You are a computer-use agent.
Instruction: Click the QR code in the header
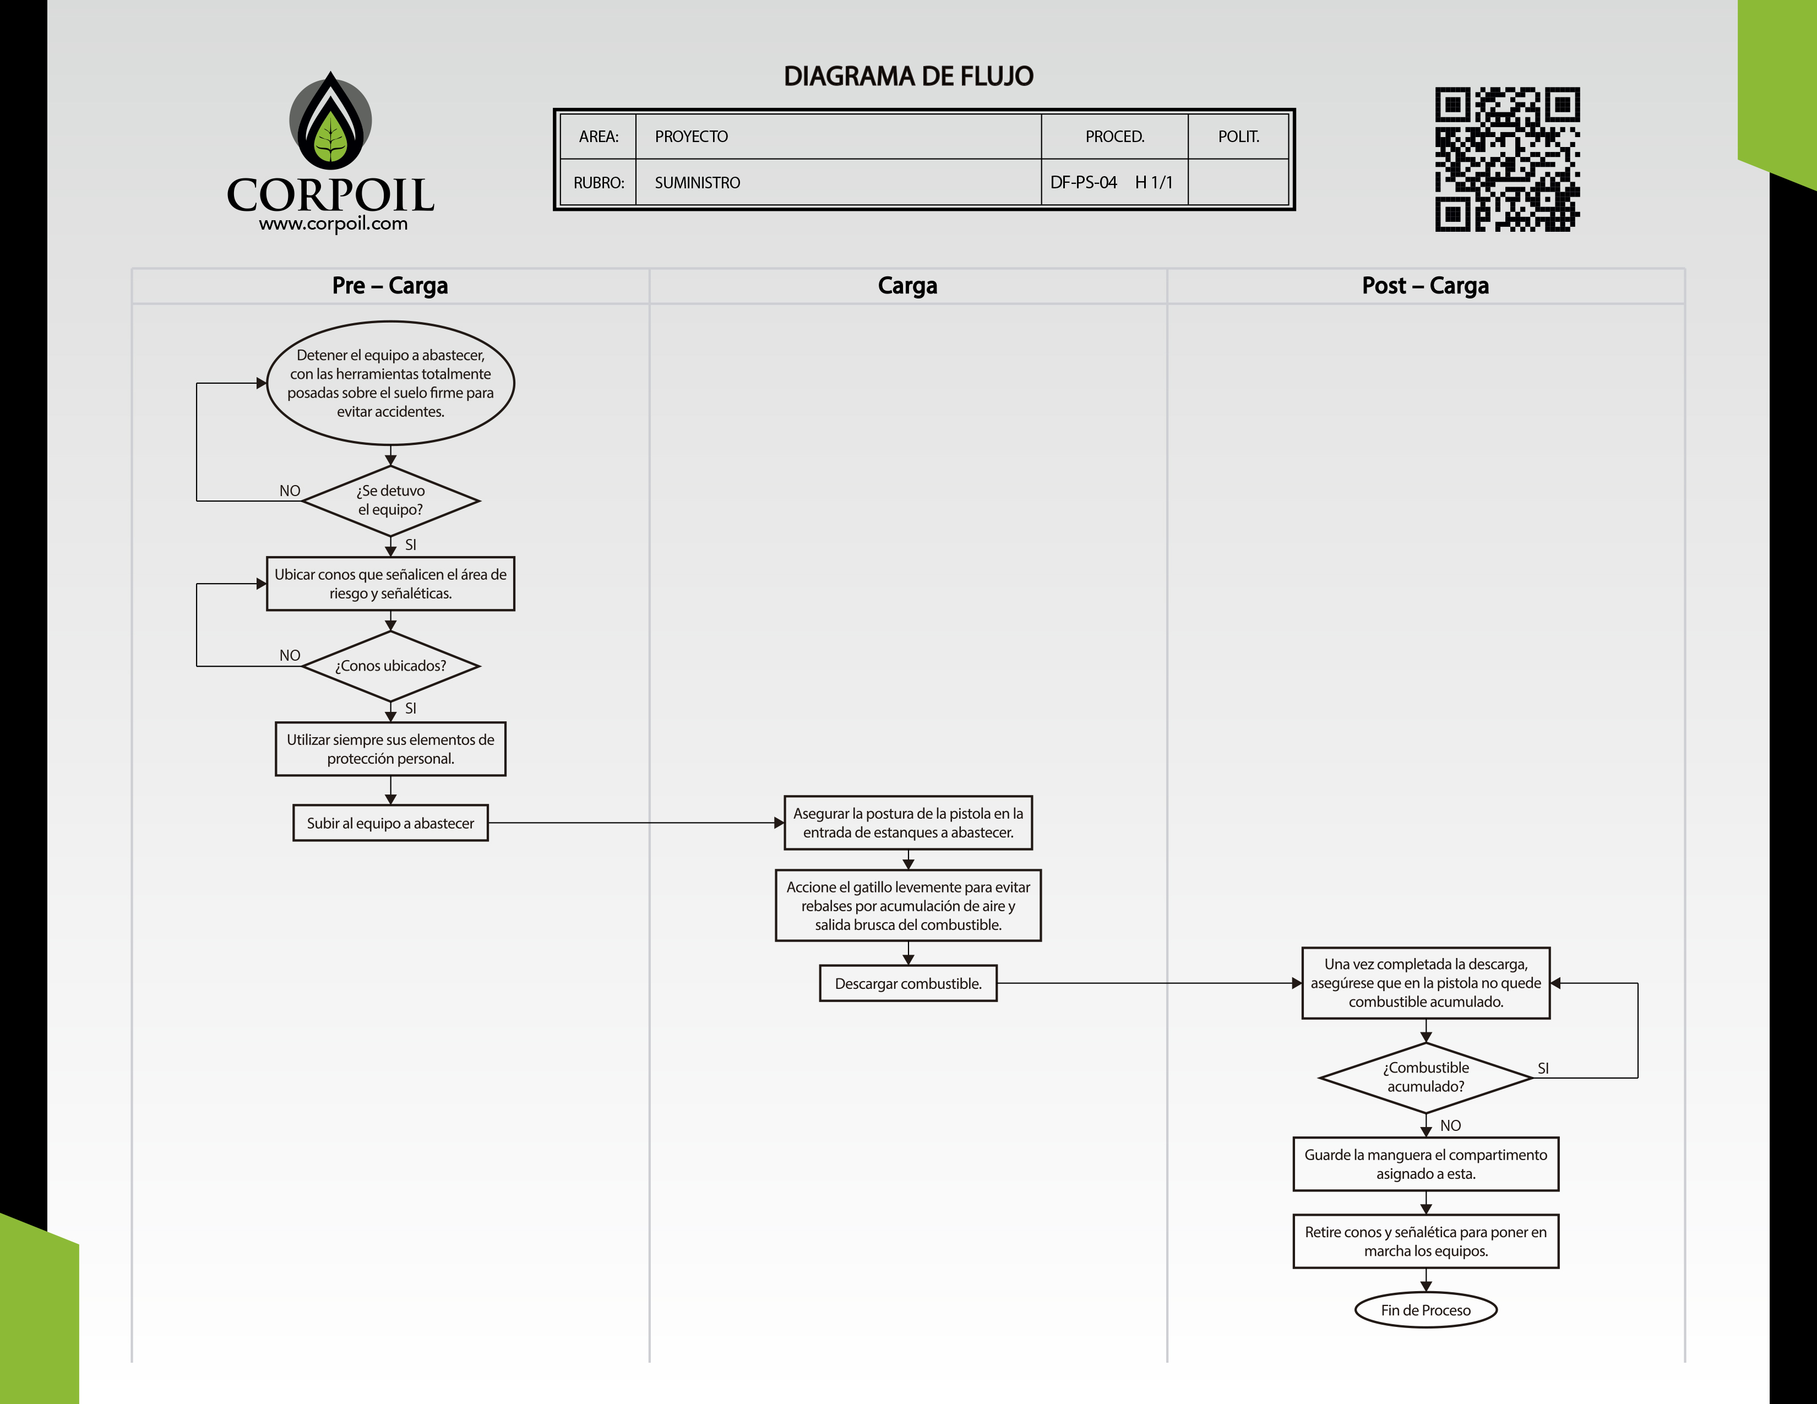(1506, 159)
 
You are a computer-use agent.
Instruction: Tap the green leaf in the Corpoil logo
(330, 138)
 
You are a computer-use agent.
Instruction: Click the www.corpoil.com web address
(333, 223)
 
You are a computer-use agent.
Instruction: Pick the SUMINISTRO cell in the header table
(697, 183)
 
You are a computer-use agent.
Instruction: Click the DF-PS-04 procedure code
(1083, 182)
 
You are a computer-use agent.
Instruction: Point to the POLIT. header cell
(1238, 137)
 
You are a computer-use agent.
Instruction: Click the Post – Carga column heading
(1425, 285)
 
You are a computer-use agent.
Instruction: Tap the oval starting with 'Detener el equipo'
(390, 383)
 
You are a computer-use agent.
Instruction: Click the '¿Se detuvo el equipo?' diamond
(390, 500)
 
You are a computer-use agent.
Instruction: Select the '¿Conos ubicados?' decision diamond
(390, 666)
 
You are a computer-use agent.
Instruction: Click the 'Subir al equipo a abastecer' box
(390, 823)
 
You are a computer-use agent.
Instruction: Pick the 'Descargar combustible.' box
(907, 983)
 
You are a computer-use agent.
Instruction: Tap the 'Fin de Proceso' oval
(1425, 1310)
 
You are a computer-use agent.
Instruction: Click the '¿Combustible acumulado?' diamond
(1425, 1077)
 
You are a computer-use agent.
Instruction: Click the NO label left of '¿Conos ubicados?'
(290, 655)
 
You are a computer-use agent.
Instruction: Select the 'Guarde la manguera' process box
(1425, 1163)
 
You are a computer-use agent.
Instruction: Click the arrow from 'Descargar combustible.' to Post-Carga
(1148, 983)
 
